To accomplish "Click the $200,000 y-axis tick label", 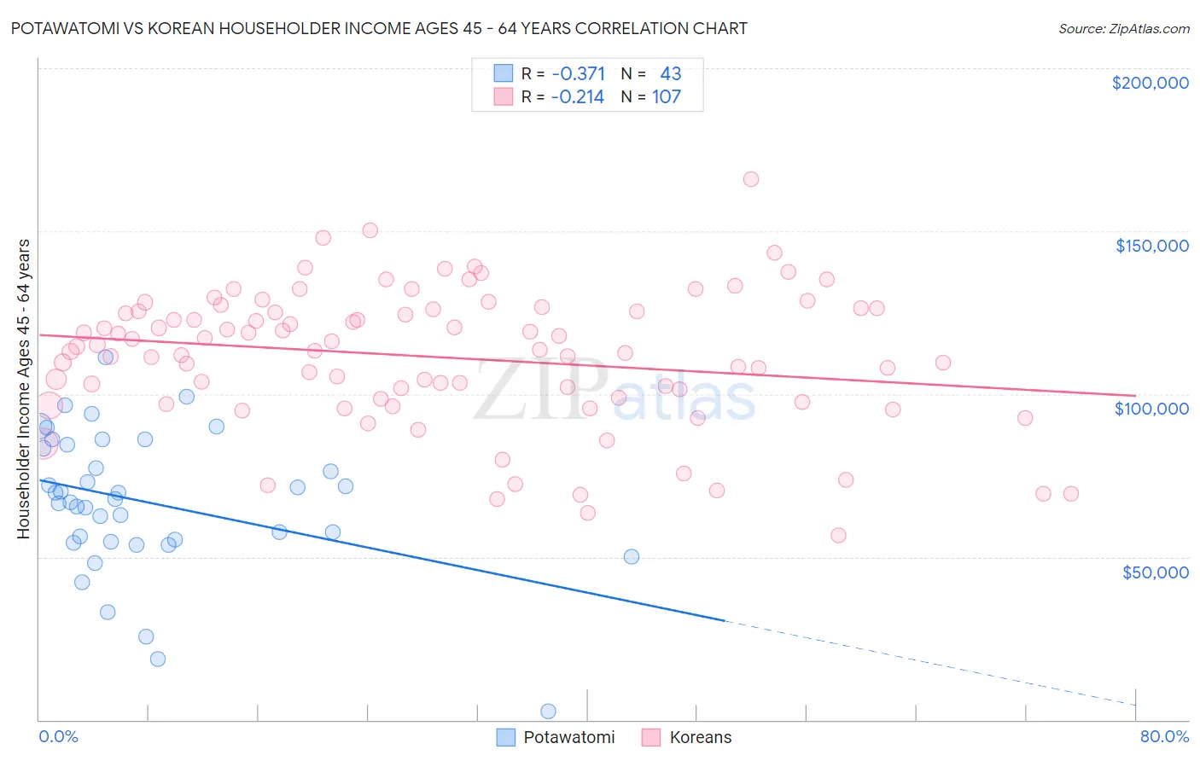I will coord(1150,83).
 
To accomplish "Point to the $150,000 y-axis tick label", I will coord(1151,246).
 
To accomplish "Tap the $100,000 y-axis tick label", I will coord(1151,409).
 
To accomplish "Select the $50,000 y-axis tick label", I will coord(1155,572).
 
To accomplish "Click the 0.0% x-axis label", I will coord(58,736).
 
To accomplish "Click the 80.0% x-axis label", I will coord(1164,736).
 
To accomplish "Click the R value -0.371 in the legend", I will coord(578,74).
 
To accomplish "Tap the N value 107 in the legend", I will coord(667,97).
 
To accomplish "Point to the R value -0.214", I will coord(578,97).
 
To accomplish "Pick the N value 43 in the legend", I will coord(671,74).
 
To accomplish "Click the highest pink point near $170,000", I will coord(751,179).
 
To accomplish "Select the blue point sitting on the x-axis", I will coord(548,712).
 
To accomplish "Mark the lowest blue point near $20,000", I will coord(158,659).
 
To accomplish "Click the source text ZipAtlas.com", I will coord(1123,29).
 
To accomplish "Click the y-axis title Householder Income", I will coord(23,388).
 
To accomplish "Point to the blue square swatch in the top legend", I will coord(504,74).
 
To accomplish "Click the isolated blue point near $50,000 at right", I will coord(632,556).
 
